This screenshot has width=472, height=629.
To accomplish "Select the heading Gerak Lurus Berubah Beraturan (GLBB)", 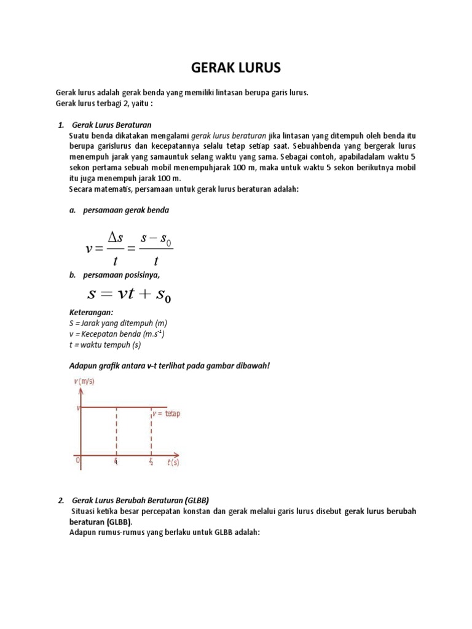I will click(144, 499).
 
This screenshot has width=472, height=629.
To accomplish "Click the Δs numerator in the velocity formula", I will click(116, 237).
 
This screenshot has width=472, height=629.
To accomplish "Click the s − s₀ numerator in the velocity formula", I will click(156, 236).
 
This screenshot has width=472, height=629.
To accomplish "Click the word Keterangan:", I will click(92, 312).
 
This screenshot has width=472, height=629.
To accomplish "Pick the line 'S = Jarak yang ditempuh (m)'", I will click(118, 322).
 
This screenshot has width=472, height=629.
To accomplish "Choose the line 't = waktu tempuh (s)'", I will click(104, 345).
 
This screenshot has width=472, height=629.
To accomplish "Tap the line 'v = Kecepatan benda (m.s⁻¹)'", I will click(117, 334).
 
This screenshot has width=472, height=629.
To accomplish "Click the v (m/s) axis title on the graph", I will click(84, 381).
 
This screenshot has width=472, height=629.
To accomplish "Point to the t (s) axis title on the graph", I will click(173, 463).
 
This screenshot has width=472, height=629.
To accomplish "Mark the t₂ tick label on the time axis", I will click(151, 462).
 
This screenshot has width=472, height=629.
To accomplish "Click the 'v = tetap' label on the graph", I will click(167, 413).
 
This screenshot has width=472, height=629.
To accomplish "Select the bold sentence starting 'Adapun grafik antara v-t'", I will click(170, 365).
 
